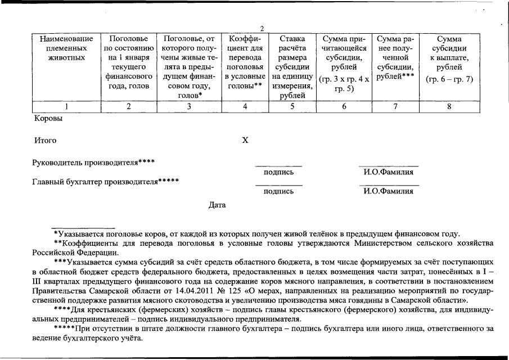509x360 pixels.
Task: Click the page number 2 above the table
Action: [x=262, y=29]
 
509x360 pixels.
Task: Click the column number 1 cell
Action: [x=66, y=106]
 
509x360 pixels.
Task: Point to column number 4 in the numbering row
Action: [x=244, y=106]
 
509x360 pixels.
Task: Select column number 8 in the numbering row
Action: [x=449, y=106]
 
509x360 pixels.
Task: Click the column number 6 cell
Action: [x=344, y=106]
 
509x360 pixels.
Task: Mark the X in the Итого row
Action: [x=245, y=140]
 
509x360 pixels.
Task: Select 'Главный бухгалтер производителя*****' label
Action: [x=106, y=182]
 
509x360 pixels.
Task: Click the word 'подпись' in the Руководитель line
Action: [x=278, y=172]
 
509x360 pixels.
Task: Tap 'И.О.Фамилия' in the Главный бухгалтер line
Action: [x=389, y=191]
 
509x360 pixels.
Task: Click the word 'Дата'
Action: [x=217, y=205]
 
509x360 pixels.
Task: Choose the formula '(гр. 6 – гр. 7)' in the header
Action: [x=449, y=79]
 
